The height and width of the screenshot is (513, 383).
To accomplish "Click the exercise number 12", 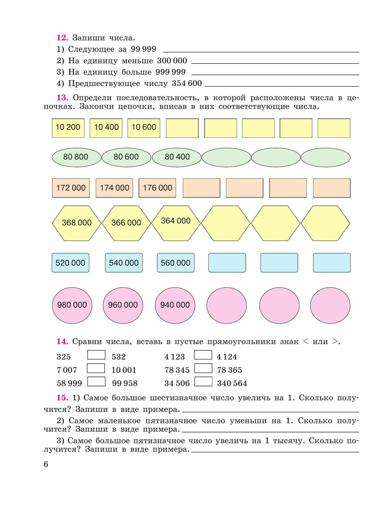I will [62, 38].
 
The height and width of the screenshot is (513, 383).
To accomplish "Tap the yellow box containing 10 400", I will [106, 128].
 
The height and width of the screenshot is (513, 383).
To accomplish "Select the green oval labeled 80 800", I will [76, 157].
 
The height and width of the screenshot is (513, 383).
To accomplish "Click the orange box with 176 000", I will [157, 188].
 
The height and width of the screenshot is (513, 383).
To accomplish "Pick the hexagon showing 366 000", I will [126, 223].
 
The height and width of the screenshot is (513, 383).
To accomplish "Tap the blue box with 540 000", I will [124, 263].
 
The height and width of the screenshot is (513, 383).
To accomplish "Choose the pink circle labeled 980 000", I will [72, 305].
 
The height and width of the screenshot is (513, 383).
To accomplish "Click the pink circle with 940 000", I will [175, 305].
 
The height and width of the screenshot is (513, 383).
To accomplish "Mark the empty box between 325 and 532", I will [96, 355].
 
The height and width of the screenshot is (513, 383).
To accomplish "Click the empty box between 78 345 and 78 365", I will [203, 368].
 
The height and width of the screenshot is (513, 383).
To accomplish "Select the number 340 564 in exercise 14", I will [232, 383].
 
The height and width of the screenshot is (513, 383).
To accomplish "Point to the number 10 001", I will [124, 370].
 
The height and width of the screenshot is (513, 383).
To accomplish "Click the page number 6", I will [46, 464].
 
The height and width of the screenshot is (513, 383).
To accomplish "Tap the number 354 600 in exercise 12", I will [187, 83].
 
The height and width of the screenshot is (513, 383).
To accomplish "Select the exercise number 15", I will [62, 398].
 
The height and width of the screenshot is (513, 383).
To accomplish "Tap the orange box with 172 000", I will [71, 188].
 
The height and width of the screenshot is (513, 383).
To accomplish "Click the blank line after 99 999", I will [261, 51].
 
